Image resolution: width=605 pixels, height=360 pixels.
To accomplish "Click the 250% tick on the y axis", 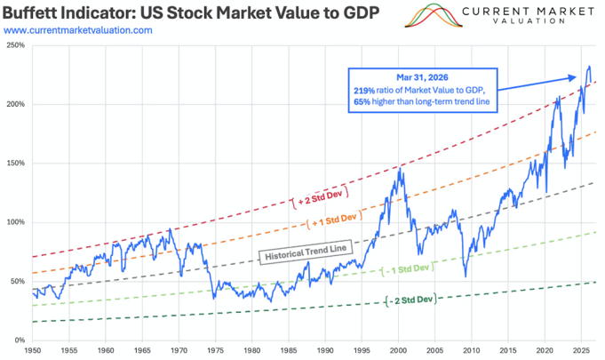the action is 15,45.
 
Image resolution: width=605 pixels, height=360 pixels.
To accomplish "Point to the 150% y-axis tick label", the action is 15,164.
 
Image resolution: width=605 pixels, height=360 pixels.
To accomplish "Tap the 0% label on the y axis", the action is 20,340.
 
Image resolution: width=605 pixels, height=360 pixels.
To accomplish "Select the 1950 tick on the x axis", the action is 32,350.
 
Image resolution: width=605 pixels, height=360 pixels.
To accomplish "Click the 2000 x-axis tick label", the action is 398,350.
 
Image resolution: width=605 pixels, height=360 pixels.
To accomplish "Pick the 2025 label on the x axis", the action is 581,350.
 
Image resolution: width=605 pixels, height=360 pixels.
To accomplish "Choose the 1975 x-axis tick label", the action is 215,350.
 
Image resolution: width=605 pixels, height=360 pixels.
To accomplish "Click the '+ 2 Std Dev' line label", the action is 320,196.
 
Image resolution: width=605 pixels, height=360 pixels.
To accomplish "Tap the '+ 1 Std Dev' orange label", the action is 335,220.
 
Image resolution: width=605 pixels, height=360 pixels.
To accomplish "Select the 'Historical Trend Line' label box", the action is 306,252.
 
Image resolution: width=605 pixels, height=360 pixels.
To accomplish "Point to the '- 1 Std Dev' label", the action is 408,268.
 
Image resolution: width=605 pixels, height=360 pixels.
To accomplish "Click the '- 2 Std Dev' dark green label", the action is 411,300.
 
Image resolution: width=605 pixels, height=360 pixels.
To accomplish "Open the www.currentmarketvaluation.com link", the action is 78,30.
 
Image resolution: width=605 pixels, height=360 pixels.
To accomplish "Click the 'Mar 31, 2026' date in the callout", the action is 423,77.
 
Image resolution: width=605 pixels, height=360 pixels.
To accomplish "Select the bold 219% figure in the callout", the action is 364,91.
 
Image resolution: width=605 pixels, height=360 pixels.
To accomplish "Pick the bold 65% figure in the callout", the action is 362,102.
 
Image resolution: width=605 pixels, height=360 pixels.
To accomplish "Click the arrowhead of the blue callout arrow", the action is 573,77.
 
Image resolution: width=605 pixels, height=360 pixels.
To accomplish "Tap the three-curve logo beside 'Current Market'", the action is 434,15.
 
